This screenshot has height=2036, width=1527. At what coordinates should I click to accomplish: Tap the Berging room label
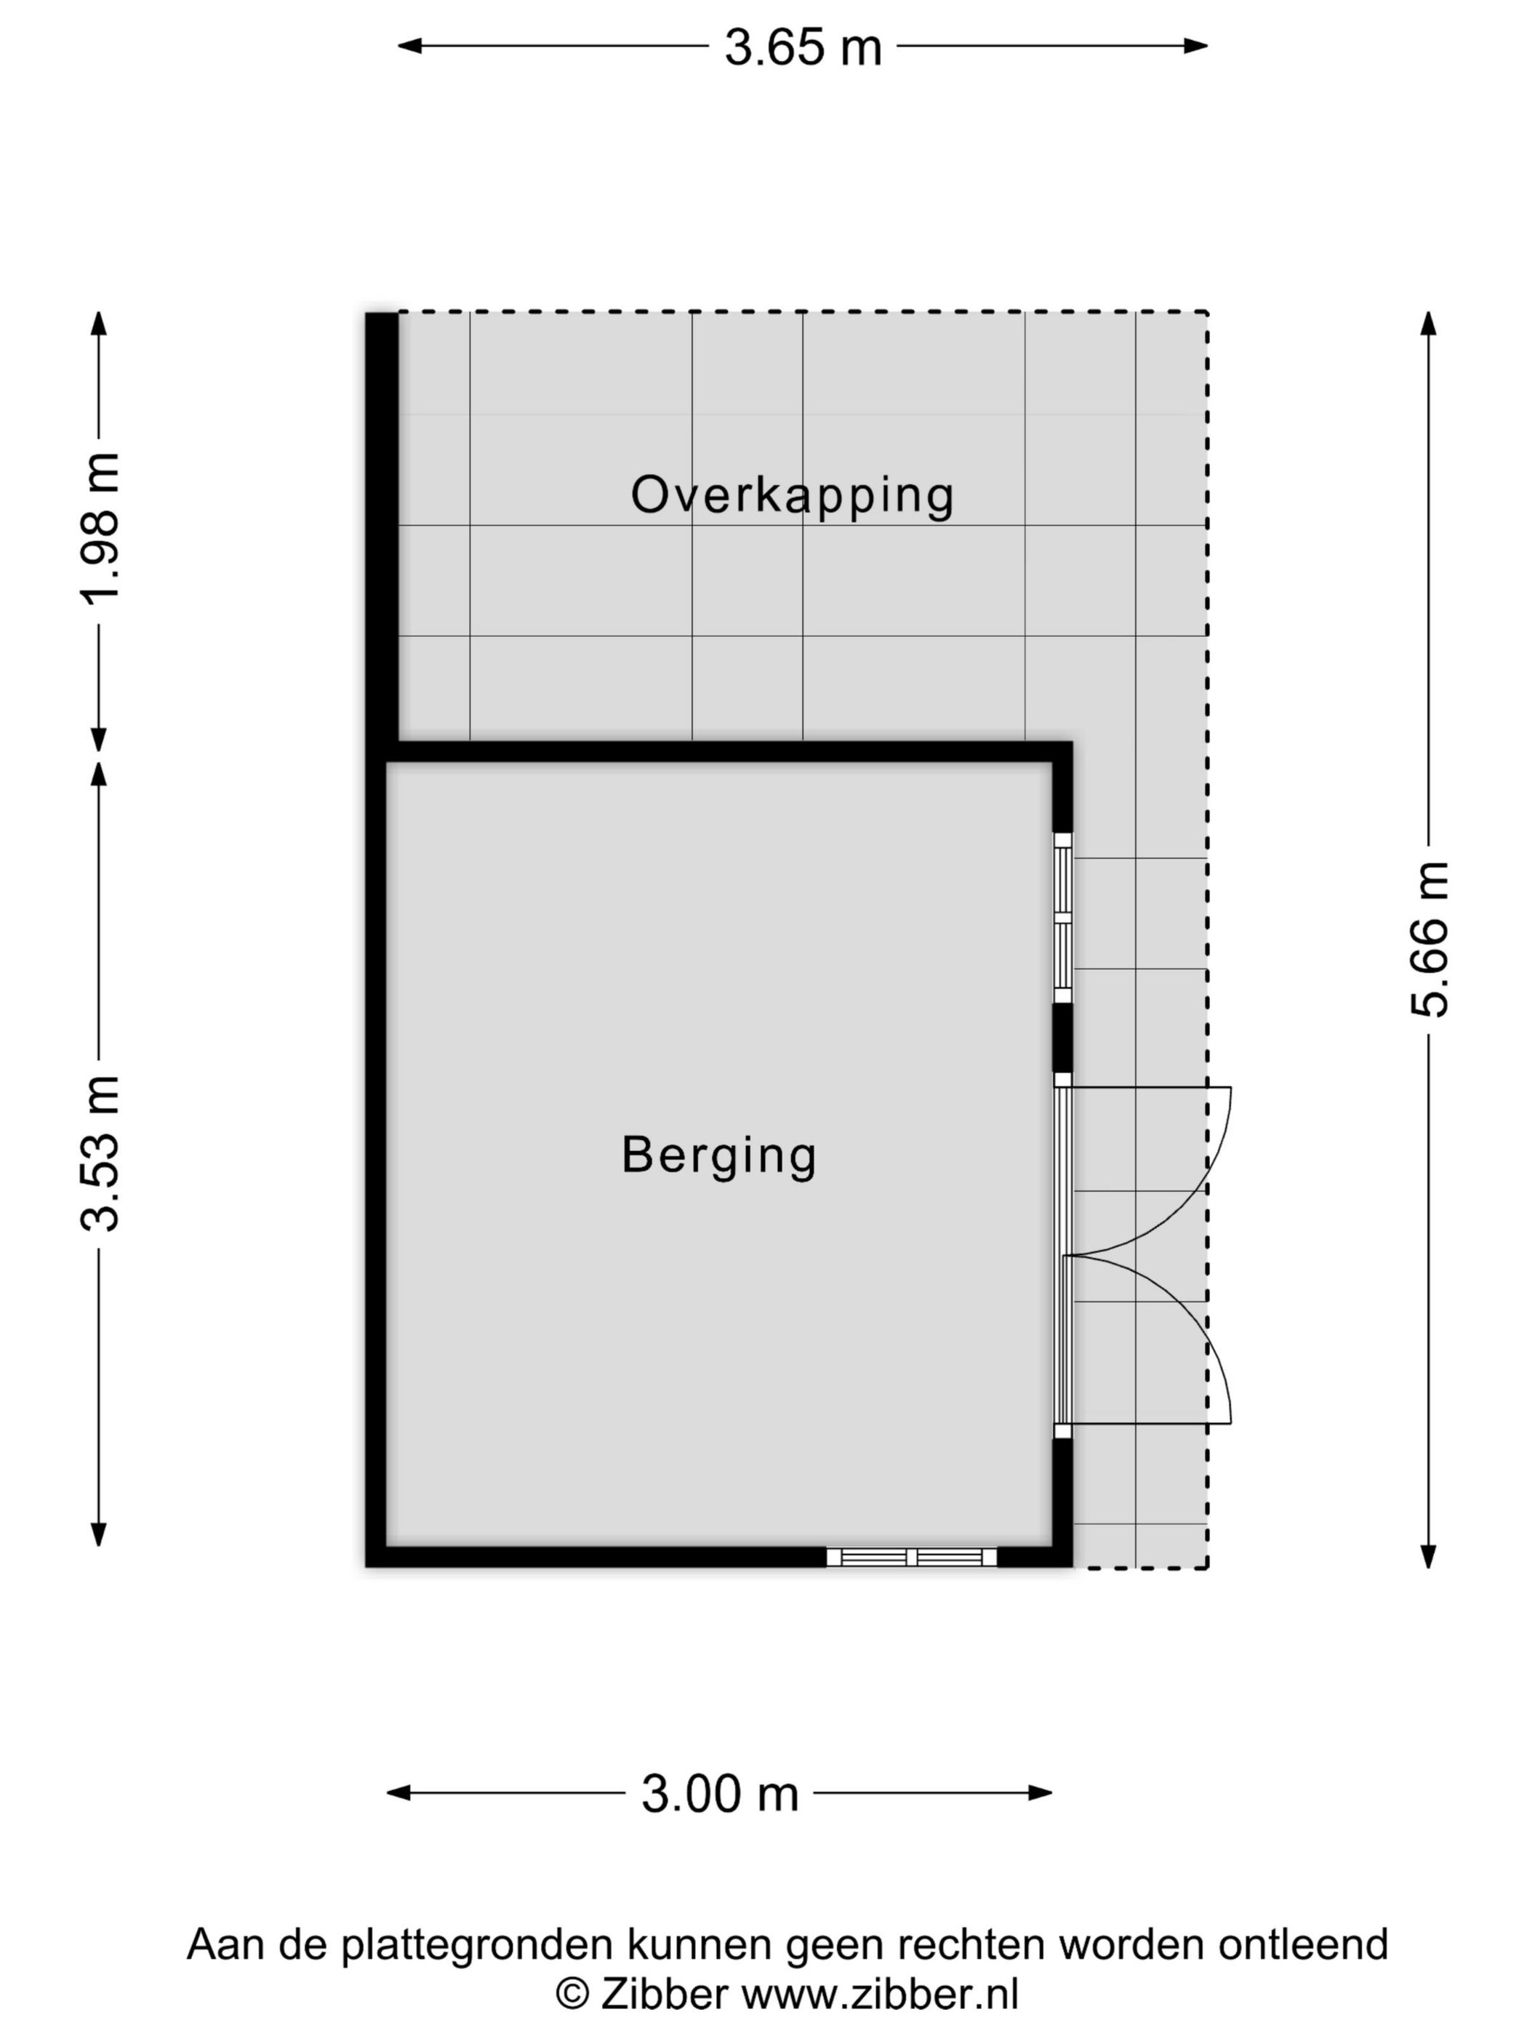click(x=719, y=1156)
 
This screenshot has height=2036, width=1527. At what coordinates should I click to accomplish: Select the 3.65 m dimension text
click(x=803, y=47)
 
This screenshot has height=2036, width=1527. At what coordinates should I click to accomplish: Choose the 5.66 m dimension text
click(x=1429, y=939)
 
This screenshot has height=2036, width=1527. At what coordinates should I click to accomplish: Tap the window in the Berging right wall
click(x=1062, y=918)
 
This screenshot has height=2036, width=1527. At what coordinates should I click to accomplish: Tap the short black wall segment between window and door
click(x=1062, y=1038)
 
